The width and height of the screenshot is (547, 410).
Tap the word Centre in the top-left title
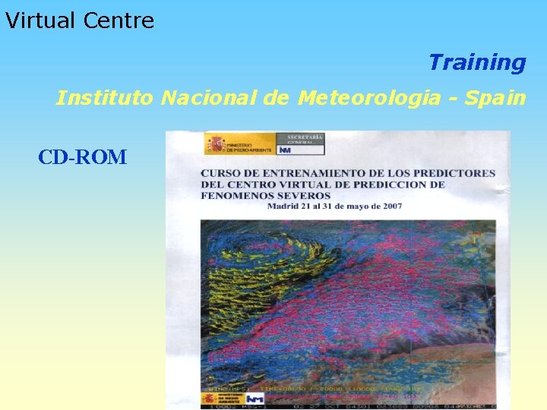tap(119, 20)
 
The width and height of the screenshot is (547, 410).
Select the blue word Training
tap(477, 62)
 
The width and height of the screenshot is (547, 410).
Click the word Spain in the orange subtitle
tap(495, 98)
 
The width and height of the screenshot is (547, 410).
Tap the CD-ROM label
tap(83, 157)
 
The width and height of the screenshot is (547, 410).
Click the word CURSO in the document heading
tap(220, 173)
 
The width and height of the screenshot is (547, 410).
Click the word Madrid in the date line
tap(283, 206)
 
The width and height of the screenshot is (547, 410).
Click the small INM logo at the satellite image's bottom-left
tap(255, 399)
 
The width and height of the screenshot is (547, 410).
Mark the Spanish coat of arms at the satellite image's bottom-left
tap(209, 399)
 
